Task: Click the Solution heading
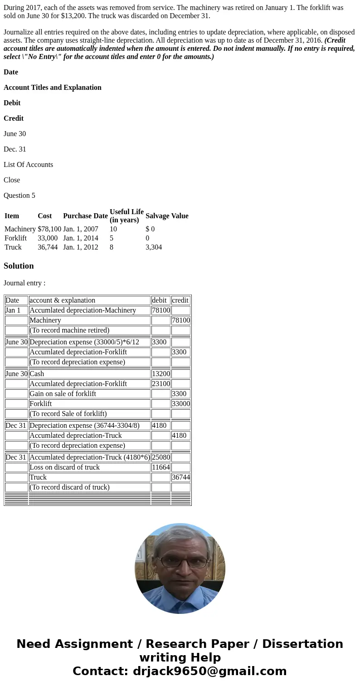(19, 266)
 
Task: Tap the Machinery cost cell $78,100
(49, 229)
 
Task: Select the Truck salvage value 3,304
(154, 247)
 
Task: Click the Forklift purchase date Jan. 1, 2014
(81, 238)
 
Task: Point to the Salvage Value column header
(167, 216)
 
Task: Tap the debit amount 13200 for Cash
(161, 374)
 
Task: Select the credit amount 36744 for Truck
(181, 477)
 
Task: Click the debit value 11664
(161, 467)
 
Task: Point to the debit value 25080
(161, 457)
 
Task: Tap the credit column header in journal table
(180, 300)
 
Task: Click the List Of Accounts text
(28, 165)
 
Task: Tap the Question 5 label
(19, 196)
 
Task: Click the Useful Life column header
(126, 216)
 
